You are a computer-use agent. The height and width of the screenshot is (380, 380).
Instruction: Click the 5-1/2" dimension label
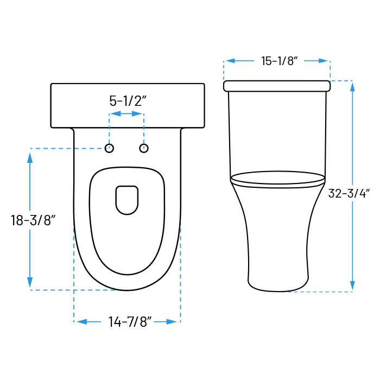[x=128, y=101]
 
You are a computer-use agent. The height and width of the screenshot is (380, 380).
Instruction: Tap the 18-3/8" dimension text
[x=33, y=220]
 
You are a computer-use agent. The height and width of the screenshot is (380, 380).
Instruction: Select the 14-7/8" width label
[x=129, y=322]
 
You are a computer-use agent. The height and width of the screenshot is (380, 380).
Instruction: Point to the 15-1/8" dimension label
[x=277, y=61]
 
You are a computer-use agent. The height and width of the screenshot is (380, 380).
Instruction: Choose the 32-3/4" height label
[x=349, y=193]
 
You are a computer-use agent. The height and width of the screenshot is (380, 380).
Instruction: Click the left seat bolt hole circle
[x=110, y=148]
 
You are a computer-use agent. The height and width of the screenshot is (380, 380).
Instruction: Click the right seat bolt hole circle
[x=144, y=148]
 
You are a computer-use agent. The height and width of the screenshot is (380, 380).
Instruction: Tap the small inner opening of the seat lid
[x=126, y=200]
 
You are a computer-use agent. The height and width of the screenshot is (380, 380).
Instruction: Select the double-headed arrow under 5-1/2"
[x=126, y=114]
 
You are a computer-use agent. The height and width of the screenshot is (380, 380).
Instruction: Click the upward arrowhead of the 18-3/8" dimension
[x=30, y=159]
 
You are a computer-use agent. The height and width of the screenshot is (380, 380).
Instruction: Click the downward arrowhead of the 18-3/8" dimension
[x=30, y=282]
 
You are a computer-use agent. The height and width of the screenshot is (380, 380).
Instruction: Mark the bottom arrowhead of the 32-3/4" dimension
[x=352, y=284]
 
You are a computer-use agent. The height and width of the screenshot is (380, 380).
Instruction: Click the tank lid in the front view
[x=277, y=86]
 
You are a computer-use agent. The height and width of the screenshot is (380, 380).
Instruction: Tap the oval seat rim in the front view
[x=277, y=178]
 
